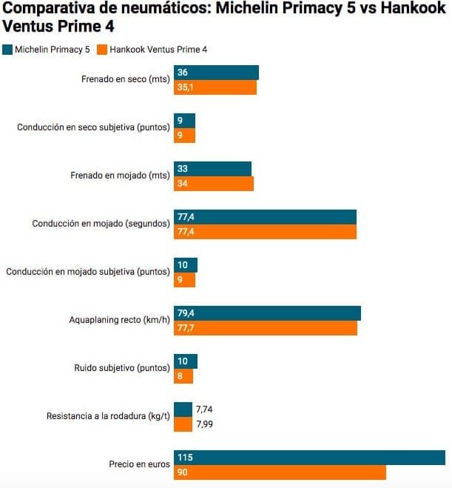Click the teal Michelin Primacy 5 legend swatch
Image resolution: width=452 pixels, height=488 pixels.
point(7,50)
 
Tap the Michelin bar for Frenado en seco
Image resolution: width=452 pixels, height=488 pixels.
point(216,73)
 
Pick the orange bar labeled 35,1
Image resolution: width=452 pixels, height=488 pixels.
point(215,87)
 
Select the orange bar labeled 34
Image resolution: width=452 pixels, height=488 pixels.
point(214,184)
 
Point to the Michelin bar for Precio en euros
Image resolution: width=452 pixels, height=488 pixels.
point(309,458)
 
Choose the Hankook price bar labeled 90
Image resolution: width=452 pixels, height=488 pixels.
point(280,472)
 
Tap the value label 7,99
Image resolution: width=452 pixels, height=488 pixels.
point(205,424)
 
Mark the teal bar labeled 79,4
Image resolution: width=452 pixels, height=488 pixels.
point(267,313)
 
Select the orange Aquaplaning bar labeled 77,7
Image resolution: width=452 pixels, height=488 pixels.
point(266,328)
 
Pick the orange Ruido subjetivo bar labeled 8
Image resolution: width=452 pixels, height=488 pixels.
point(183,376)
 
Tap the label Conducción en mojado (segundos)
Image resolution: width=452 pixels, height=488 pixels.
point(101,224)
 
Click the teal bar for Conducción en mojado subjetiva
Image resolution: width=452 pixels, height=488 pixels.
point(185,265)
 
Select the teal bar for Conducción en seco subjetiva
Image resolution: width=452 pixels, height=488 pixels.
point(184,121)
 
